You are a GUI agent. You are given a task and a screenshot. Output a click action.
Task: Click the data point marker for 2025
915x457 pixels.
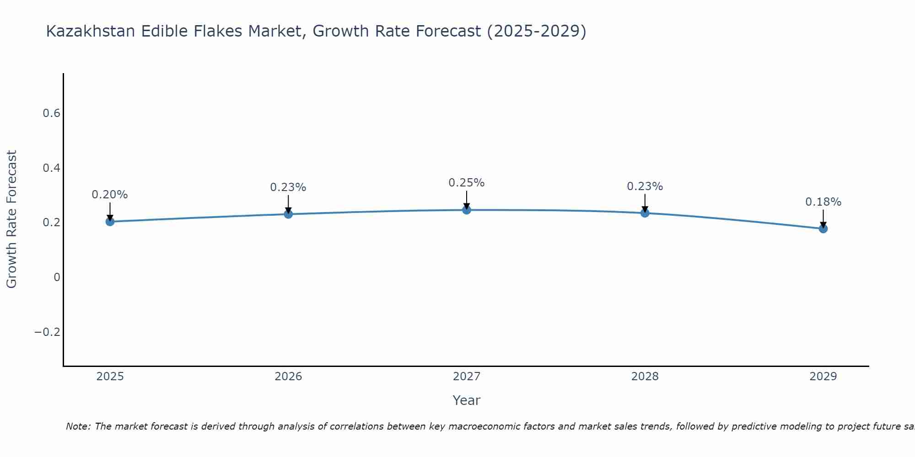tap(110, 222)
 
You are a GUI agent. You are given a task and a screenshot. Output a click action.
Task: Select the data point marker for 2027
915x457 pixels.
tap(467, 210)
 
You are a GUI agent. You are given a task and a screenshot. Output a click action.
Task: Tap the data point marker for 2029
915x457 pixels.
tap(823, 228)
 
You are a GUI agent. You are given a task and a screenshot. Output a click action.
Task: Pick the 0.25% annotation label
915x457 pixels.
tap(466, 183)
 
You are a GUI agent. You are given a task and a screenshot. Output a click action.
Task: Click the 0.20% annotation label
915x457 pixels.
tap(110, 195)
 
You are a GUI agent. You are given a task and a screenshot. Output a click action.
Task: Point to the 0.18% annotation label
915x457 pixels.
tap(823, 202)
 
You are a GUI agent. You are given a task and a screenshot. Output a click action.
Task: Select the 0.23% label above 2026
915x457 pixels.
tap(288, 187)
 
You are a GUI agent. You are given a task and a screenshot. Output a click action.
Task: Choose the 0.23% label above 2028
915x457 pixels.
tap(645, 186)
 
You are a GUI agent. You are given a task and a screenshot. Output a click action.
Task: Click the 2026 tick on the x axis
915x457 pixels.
tap(288, 377)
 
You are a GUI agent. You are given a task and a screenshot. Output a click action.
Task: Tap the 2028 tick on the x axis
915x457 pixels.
tap(645, 377)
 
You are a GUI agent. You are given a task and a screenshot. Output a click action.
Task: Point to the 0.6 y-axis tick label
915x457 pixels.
tap(52, 113)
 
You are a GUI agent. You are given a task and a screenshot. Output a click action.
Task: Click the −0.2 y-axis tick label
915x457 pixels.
tap(48, 332)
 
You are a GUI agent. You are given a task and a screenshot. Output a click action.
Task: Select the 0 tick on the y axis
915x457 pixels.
tap(57, 277)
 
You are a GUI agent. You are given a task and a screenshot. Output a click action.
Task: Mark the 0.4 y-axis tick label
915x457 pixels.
tap(52, 168)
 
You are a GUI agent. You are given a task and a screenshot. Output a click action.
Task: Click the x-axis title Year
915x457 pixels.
tap(466, 400)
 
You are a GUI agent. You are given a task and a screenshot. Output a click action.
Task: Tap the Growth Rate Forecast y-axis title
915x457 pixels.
tap(11, 219)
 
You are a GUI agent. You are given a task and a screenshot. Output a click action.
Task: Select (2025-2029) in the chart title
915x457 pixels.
tap(536, 31)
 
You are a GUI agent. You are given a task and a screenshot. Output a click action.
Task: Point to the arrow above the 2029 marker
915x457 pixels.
tap(823, 218)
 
